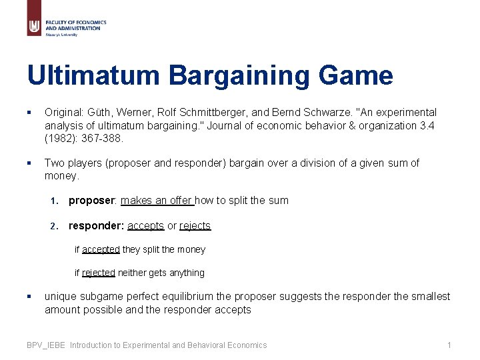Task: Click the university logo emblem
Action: point(34,26)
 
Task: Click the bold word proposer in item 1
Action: point(91,200)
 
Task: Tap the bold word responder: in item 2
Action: point(96,225)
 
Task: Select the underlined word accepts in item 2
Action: point(145,225)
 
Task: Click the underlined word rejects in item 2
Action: point(195,225)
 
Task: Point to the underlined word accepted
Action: point(101,249)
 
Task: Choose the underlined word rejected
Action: point(99,273)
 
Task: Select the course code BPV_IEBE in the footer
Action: point(47,345)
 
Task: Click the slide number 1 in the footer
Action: point(449,345)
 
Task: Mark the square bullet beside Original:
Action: point(29,113)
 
